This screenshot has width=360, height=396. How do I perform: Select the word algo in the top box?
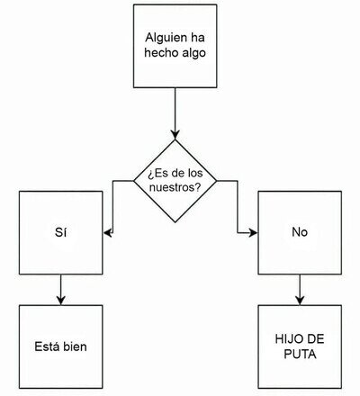tap(194, 53)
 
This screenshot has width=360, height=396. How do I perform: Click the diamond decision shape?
tap(175, 181)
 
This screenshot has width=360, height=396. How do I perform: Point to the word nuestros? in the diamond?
tap(175, 188)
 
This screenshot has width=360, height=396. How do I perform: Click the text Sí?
tap(61, 232)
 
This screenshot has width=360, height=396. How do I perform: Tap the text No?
tap(300, 232)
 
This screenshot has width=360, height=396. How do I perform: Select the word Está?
tap(45, 346)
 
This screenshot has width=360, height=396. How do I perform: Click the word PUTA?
tap(300, 355)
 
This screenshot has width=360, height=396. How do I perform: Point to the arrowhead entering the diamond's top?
tap(175, 135)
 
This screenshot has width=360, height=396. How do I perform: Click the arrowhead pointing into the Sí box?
tap(108, 232)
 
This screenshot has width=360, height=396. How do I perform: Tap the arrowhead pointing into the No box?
tap(253, 232)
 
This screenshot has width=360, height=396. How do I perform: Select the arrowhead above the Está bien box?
tap(61, 301)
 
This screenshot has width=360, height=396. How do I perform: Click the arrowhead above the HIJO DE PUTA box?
tap(300, 301)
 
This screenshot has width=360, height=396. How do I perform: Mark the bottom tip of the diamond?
tap(175, 222)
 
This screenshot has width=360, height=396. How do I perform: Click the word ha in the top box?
tap(198, 38)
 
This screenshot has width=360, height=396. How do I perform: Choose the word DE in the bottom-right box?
tap(314, 339)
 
